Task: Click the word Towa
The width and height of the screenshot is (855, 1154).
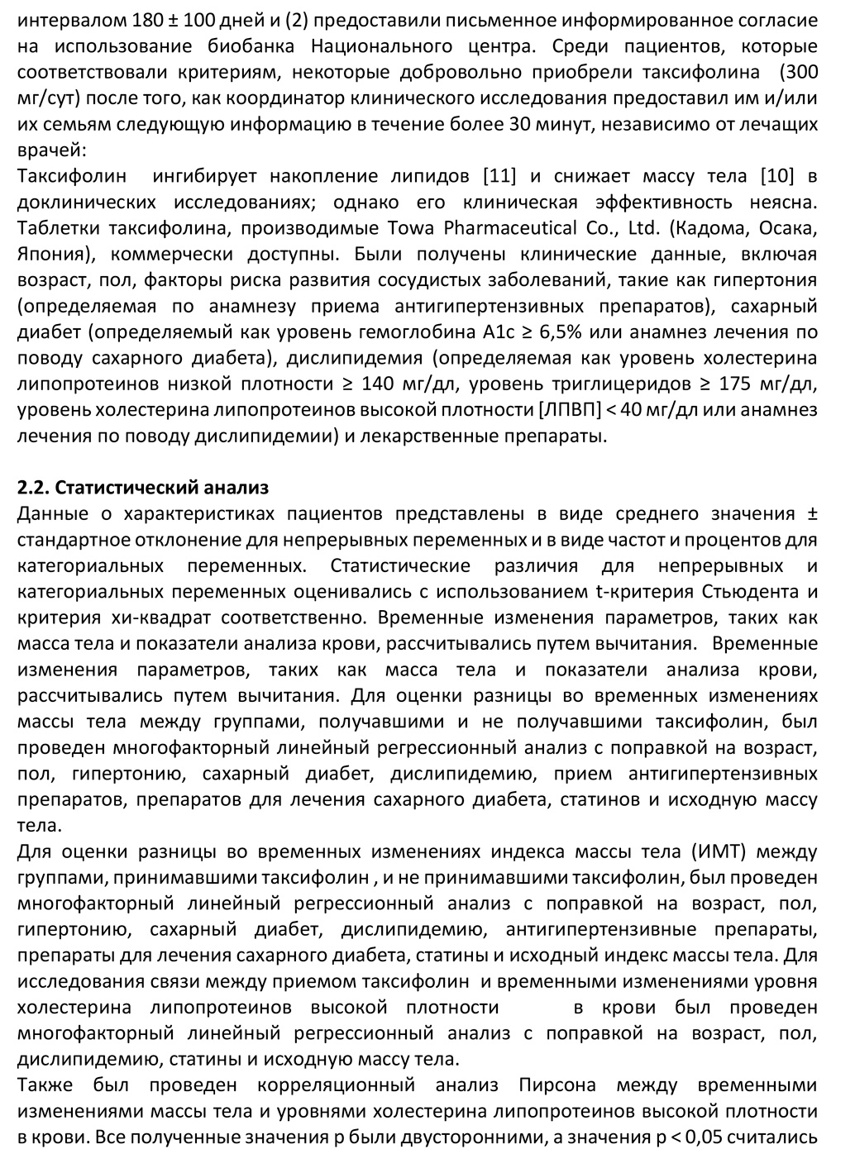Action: pos(399,227)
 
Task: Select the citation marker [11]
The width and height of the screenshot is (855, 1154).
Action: pos(499,176)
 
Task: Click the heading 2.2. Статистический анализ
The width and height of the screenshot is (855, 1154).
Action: pos(143,488)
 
